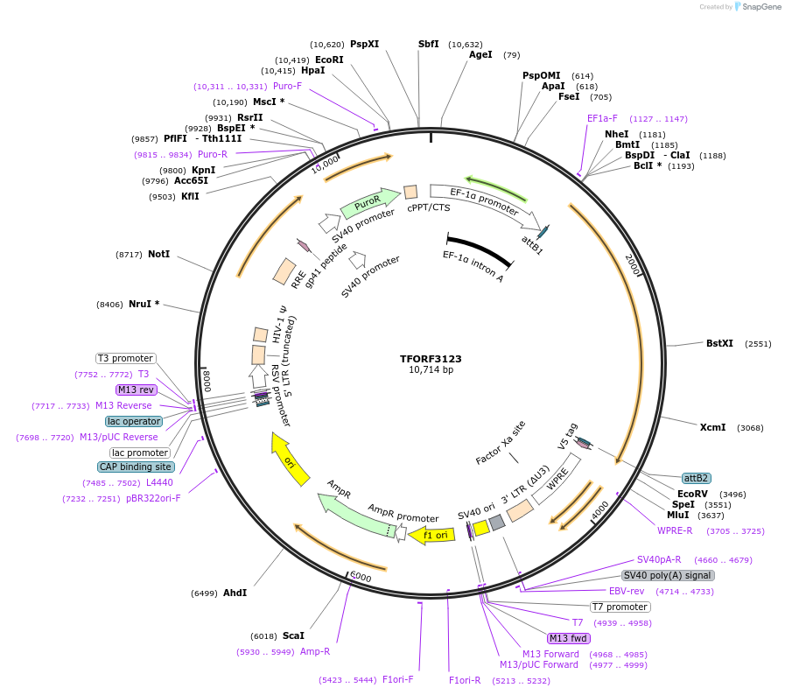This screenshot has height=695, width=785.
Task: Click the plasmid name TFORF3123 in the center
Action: (431, 359)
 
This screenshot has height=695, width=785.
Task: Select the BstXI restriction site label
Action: (719, 343)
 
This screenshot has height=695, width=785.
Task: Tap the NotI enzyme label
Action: (158, 254)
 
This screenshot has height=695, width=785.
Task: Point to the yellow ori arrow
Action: (290, 458)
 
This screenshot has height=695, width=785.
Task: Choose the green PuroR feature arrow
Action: (361, 207)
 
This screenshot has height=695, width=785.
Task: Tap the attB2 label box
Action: (697, 478)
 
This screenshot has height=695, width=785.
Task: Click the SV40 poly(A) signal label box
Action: (668, 575)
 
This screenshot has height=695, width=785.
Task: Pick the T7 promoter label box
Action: (620, 607)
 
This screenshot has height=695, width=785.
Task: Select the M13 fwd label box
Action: (568, 638)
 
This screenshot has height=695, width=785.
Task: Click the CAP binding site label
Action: (136, 467)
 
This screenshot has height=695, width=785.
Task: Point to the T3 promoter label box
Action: (126, 358)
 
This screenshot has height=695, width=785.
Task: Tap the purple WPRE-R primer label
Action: (675, 530)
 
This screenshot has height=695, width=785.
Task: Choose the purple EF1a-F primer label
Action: (602, 118)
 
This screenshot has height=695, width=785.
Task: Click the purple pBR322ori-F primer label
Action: (153, 498)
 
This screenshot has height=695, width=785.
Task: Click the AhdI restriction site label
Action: (235, 593)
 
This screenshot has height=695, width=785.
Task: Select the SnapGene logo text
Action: (758, 7)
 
